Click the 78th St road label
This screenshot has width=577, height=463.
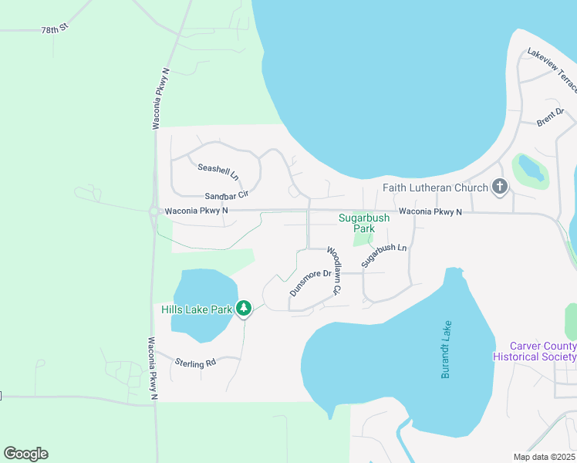56,29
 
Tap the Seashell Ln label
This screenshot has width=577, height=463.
218,167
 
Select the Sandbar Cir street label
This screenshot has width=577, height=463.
226,197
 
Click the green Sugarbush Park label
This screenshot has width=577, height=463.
364,223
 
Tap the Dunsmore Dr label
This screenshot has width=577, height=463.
310,282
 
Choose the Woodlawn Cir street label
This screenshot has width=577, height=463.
333,271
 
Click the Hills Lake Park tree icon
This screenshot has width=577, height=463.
244,309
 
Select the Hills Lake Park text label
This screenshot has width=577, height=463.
197,309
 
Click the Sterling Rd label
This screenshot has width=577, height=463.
196,361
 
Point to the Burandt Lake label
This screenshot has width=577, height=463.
446,349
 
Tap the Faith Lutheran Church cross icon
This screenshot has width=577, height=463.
500,187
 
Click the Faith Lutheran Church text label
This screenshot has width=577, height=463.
436,188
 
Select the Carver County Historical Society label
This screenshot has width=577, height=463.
543,352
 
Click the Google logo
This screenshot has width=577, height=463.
25,454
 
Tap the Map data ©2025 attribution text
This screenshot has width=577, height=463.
544,457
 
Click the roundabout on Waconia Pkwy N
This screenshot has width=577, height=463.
154,211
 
